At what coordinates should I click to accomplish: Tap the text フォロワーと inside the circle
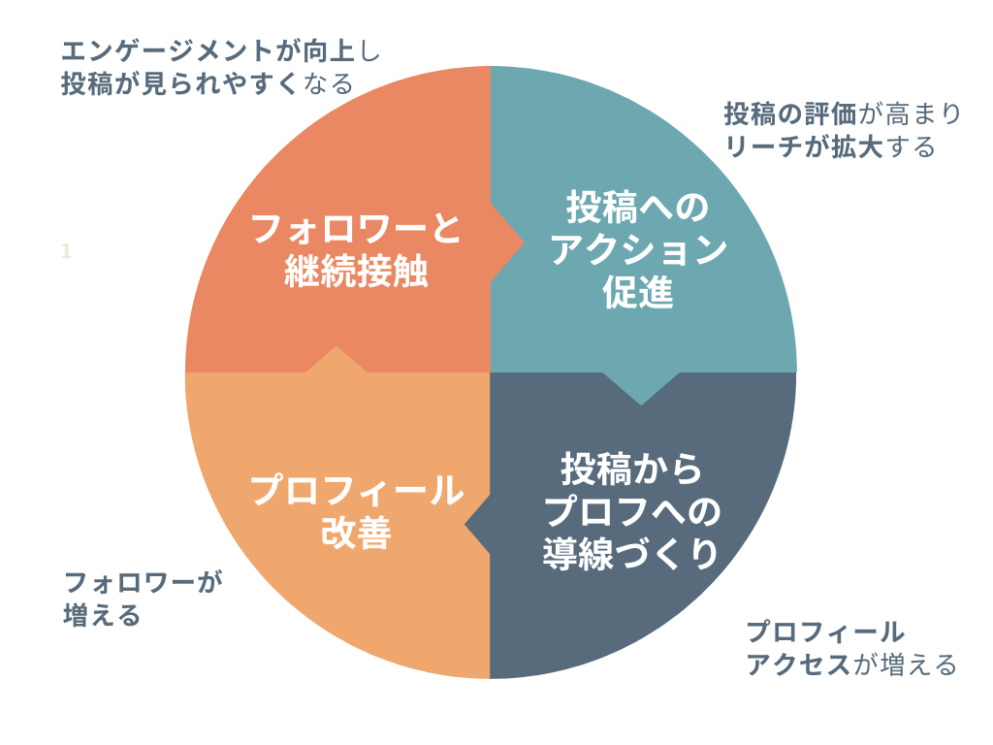click(x=356, y=230)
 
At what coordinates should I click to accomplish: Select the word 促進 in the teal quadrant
click(x=638, y=293)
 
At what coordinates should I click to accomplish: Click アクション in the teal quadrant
click(x=638, y=250)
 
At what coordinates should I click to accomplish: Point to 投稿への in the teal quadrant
click(x=638, y=208)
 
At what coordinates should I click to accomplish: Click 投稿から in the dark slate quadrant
click(x=631, y=470)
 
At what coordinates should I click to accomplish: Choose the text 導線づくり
click(x=631, y=554)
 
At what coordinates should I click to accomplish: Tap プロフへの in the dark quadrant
click(x=631, y=511)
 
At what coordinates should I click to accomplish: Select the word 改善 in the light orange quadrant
click(x=356, y=534)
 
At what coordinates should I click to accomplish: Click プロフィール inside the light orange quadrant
click(x=356, y=491)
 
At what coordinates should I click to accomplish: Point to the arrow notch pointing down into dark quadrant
click(x=641, y=388)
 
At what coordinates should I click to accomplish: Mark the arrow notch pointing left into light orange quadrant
click(x=478, y=525)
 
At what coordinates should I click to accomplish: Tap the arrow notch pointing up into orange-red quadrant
click(x=336, y=359)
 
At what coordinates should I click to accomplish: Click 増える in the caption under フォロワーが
click(x=102, y=615)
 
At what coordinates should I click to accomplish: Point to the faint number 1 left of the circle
click(x=66, y=251)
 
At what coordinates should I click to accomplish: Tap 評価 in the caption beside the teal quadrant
click(x=831, y=113)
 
